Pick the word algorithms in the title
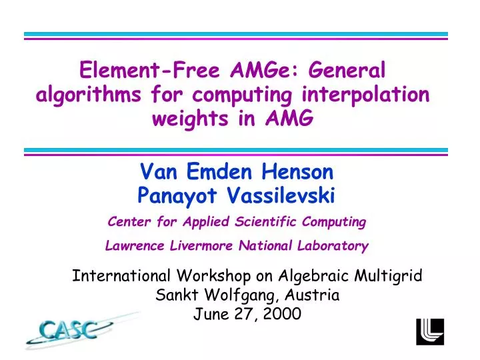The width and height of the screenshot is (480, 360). (87, 95)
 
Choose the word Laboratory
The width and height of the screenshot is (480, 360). (331, 245)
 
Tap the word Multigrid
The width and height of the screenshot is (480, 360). (389, 275)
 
